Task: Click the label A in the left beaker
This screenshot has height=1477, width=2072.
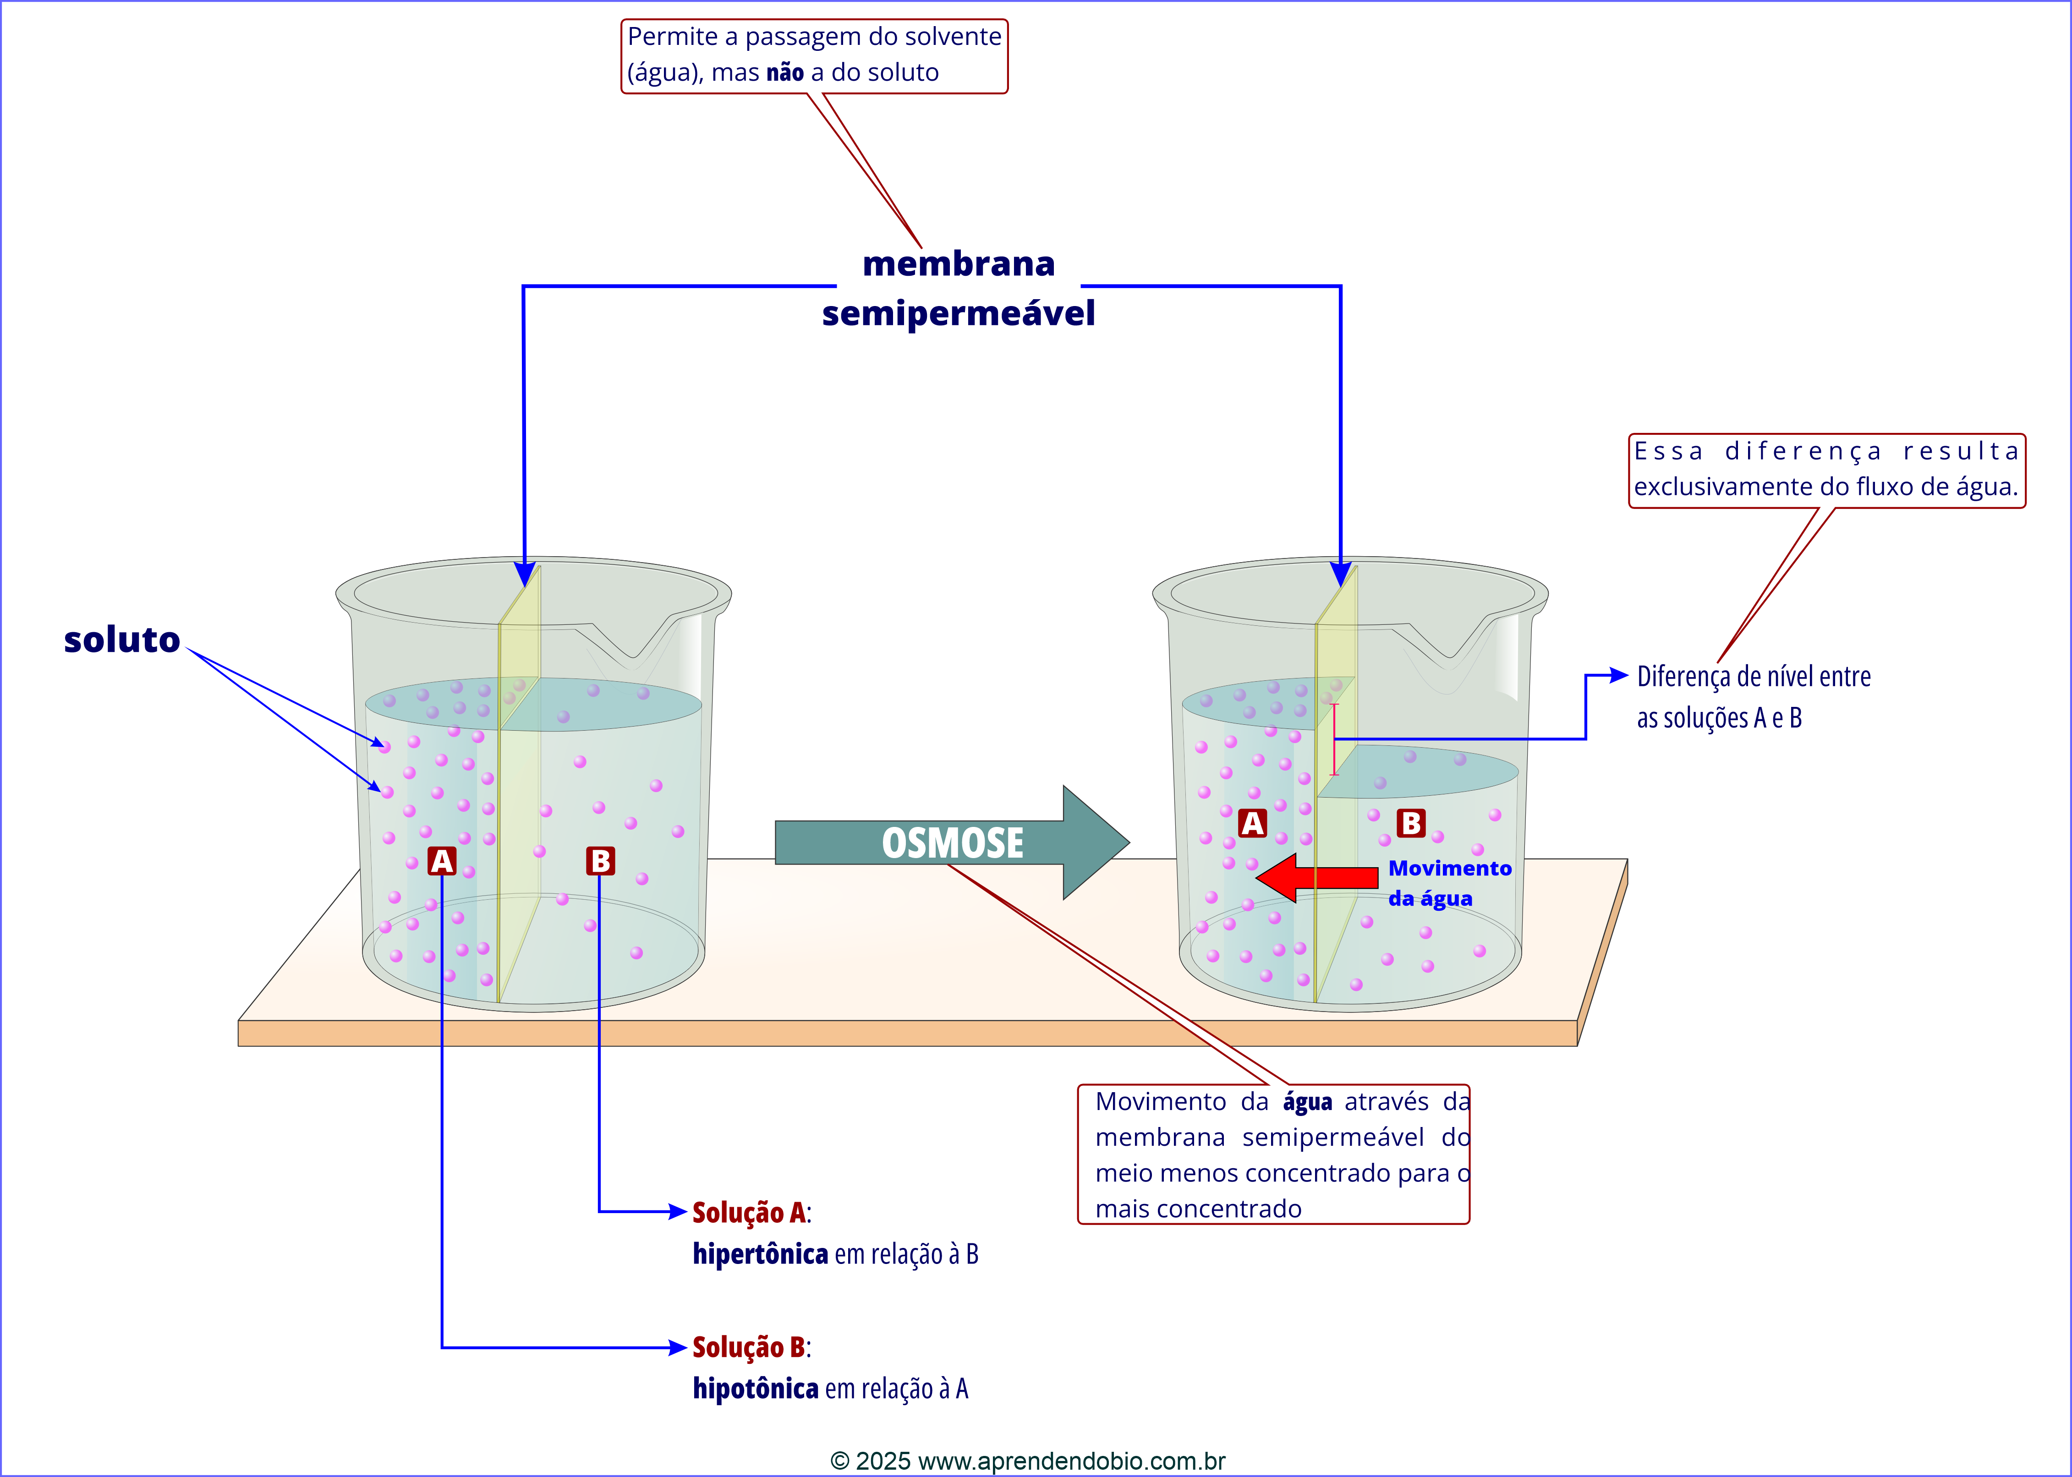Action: click(x=442, y=860)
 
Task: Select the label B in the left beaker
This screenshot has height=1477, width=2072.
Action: click(x=600, y=860)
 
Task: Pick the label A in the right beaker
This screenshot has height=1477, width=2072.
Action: click(x=1252, y=823)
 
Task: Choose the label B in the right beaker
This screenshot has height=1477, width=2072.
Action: click(x=1411, y=823)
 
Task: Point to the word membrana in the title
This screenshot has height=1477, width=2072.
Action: click(x=959, y=264)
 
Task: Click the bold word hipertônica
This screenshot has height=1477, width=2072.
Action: click(x=760, y=1254)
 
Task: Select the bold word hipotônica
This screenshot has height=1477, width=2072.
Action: click(x=755, y=1389)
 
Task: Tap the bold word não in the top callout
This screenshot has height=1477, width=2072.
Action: click(x=785, y=73)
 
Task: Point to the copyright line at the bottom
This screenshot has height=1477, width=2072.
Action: click(x=1028, y=1461)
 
